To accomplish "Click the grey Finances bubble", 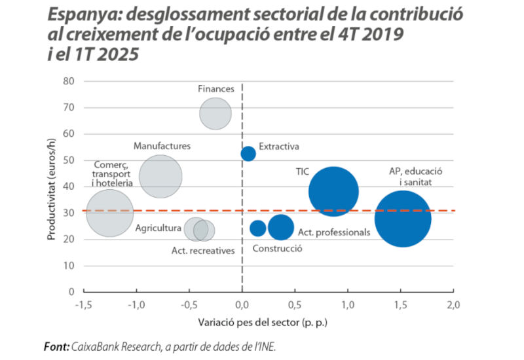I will point(215,113).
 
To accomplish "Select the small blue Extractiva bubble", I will point(248,154).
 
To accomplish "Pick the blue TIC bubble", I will point(333,192).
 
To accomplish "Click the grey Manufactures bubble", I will point(160,176).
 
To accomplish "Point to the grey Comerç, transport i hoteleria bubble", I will point(110,213).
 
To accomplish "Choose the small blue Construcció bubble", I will point(258,228).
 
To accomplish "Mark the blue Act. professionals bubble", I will point(281,227).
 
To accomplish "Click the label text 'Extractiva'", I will point(279,147).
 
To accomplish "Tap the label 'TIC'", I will point(303,172).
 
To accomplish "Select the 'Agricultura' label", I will point(158,228).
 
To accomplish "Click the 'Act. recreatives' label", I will point(203,250).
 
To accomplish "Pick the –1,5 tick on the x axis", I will point(83,306).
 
